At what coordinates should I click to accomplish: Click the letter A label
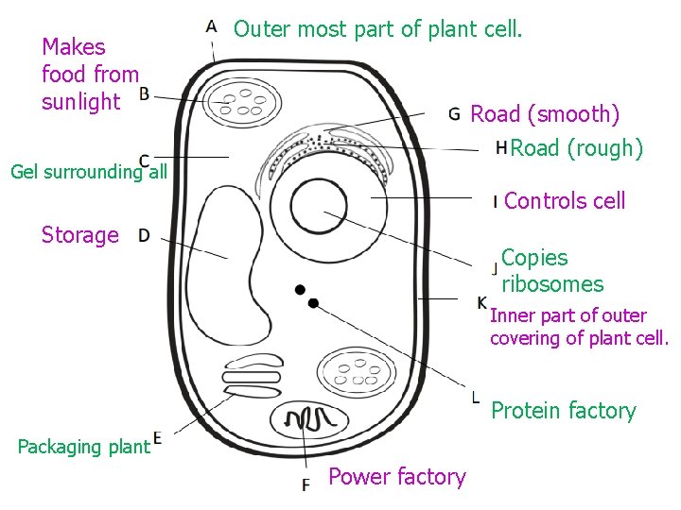click(x=211, y=25)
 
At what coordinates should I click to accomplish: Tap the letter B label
click(x=144, y=93)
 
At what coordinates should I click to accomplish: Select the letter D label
click(x=144, y=235)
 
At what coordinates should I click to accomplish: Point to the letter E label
click(x=158, y=437)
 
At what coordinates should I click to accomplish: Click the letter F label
click(x=306, y=484)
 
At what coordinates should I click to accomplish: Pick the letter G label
click(x=455, y=115)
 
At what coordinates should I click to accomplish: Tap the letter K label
click(x=482, y=302)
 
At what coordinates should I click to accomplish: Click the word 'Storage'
click(x=80, y=235)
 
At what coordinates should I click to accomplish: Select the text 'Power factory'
click(x=396, y=477)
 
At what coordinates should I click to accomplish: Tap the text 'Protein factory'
click(x=563, y=411)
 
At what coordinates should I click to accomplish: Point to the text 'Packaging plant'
click(x=83, y=446)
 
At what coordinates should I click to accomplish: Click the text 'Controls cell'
click(x=565, y=200)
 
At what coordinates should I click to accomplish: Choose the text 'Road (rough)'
click(x=576, y=148)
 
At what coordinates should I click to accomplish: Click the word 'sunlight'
click(x=81, y=101)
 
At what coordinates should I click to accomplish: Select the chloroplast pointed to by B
click(x=244, y=103)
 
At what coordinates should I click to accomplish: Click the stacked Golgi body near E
click(x=253, y=377)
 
